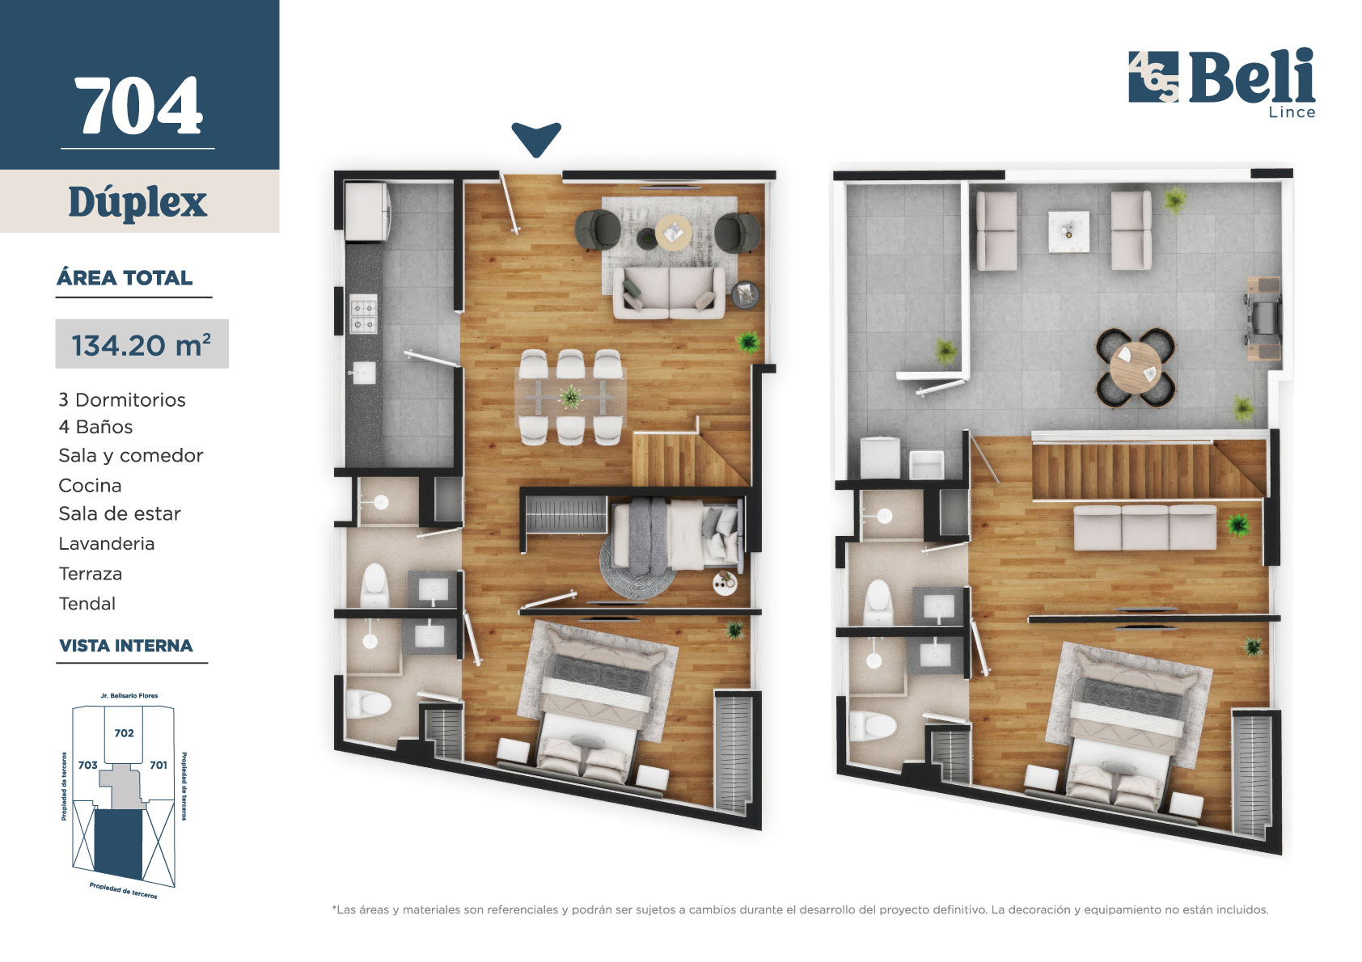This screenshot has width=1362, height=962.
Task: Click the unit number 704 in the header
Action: [x=138, y=105]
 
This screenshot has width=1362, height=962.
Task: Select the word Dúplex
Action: [x=138, y=202]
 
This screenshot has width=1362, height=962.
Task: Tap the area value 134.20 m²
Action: [x=141, y=344]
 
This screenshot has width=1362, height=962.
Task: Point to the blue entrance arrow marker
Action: [x=536, y=138]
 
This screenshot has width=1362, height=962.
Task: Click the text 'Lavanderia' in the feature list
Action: [x=107, y=543]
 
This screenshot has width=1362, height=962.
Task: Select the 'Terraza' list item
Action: [x=90, y=574]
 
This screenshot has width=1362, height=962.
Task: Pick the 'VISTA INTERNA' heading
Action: [x=126, y=645]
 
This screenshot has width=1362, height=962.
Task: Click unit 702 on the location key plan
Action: [x=124, y=733]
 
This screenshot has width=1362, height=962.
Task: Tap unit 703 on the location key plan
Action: [x=87, y=765]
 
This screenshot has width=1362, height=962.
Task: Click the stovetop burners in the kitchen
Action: [x=363, y=314]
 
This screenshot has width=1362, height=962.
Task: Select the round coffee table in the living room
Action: [x=673, y=231]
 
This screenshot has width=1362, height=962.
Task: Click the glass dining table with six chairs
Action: [x=570, y=397]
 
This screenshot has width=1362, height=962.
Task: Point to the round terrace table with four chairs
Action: [x=1135, y=368]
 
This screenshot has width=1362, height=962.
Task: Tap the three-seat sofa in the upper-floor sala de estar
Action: [x=1145, y=528]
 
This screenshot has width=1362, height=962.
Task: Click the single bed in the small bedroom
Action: [x=677, y=534]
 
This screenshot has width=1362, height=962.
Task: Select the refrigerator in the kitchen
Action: [x=367, y=212]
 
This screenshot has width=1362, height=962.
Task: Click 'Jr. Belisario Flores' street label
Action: [x=129, y=695]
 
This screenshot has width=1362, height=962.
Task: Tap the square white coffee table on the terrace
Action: [x=1068, y=231]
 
